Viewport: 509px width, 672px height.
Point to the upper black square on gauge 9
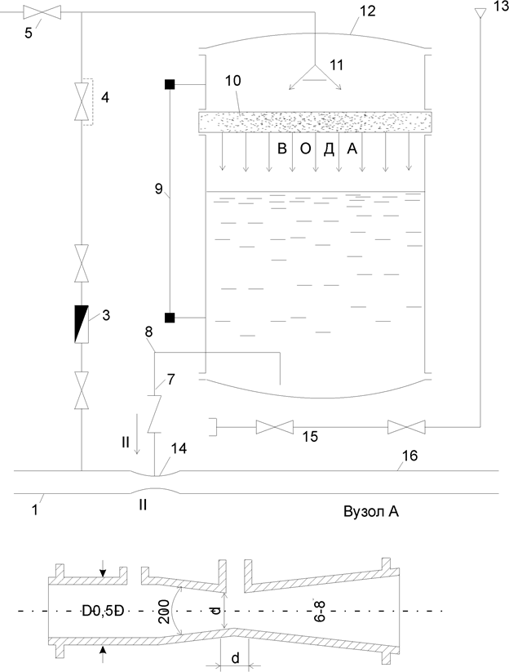pyautogui.click(x=170, y=84)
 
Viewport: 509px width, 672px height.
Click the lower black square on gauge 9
pyautogui.click(x=170, y=318)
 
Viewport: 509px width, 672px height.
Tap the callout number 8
pyautogui.click(x=148, y=333)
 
